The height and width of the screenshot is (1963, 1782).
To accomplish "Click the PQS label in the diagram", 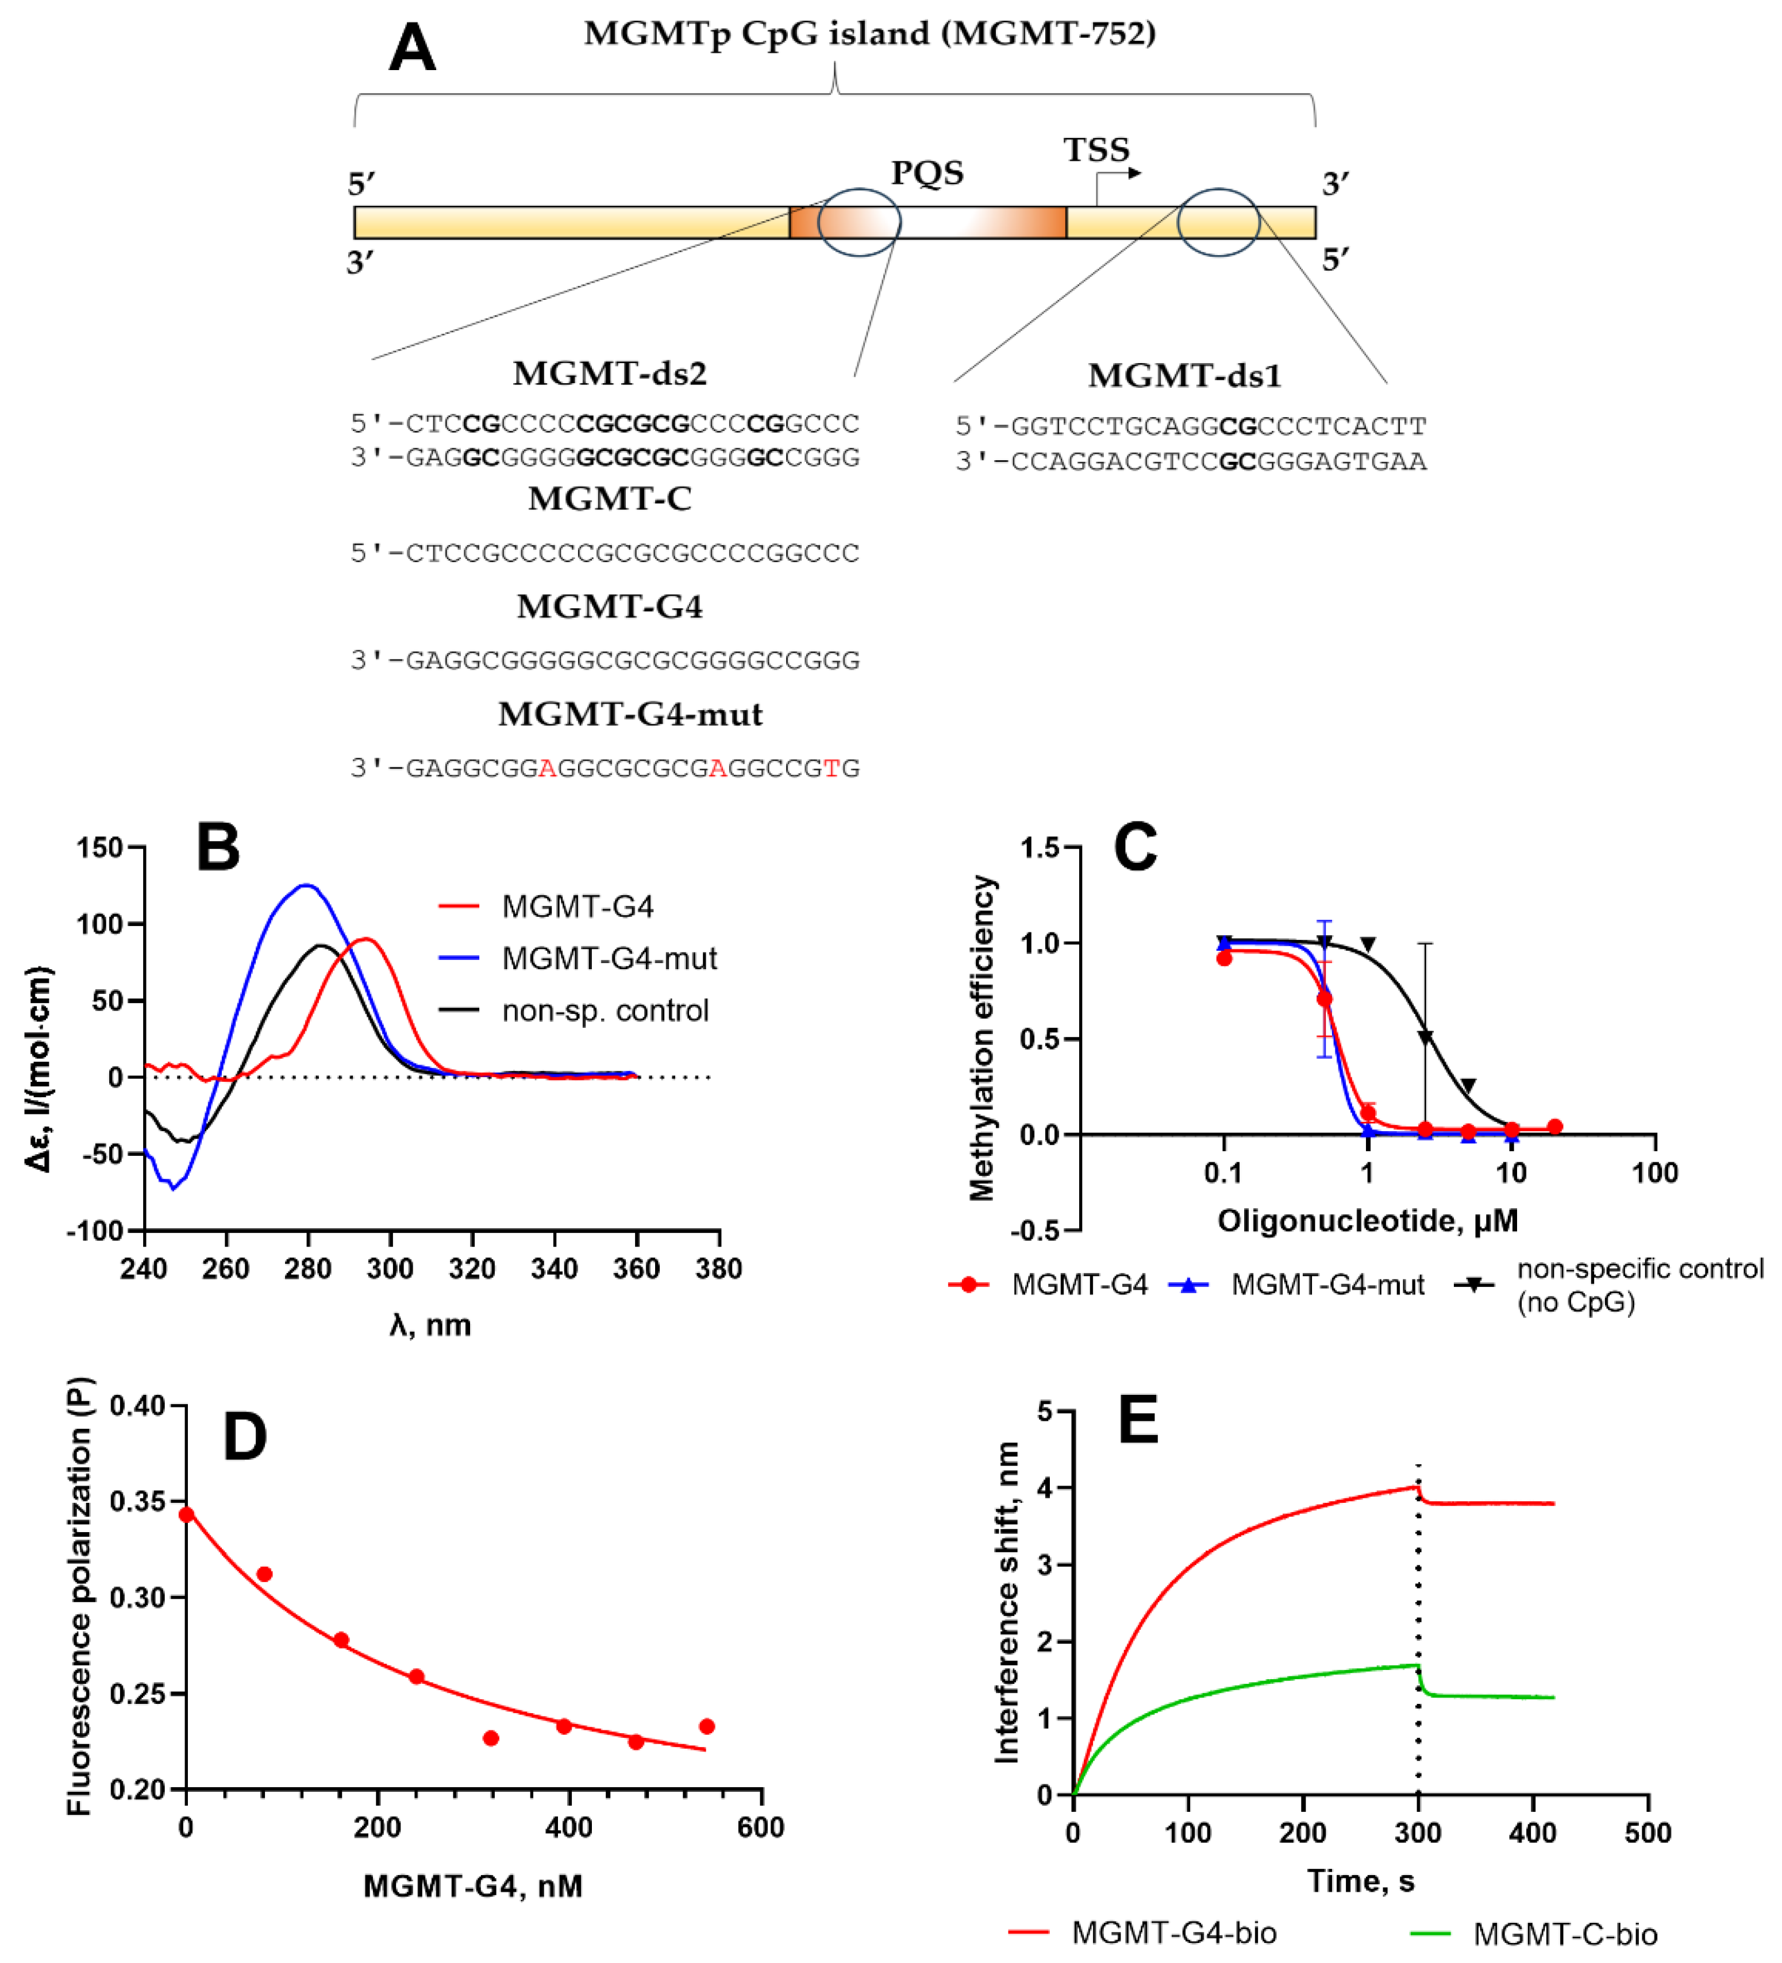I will click(x=926, y=173).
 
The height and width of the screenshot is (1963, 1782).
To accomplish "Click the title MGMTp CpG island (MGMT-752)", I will click(x=869, y=33).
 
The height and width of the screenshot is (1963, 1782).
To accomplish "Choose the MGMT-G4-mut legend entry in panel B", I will click(x=609, y=958).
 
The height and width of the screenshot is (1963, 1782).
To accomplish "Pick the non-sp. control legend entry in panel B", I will click(x=604, y=1011).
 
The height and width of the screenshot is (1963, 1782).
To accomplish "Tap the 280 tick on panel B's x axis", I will click(x=307, y=1269).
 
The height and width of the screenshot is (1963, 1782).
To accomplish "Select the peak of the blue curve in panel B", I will click(x=307, y=885).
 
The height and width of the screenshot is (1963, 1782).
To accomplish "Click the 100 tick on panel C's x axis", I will click(x=1654, y=1173).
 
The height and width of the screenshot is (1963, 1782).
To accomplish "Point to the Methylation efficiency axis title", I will click(x=982, y=1038).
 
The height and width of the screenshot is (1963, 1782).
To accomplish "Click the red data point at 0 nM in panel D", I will click(x=186, y=1514).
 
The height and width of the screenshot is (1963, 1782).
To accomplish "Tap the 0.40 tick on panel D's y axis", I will click(x=136, y=1405).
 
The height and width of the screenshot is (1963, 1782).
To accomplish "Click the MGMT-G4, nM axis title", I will click(x=472, y=1886).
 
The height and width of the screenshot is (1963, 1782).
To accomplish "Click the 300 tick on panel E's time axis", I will click(x=1417, y=1834).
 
